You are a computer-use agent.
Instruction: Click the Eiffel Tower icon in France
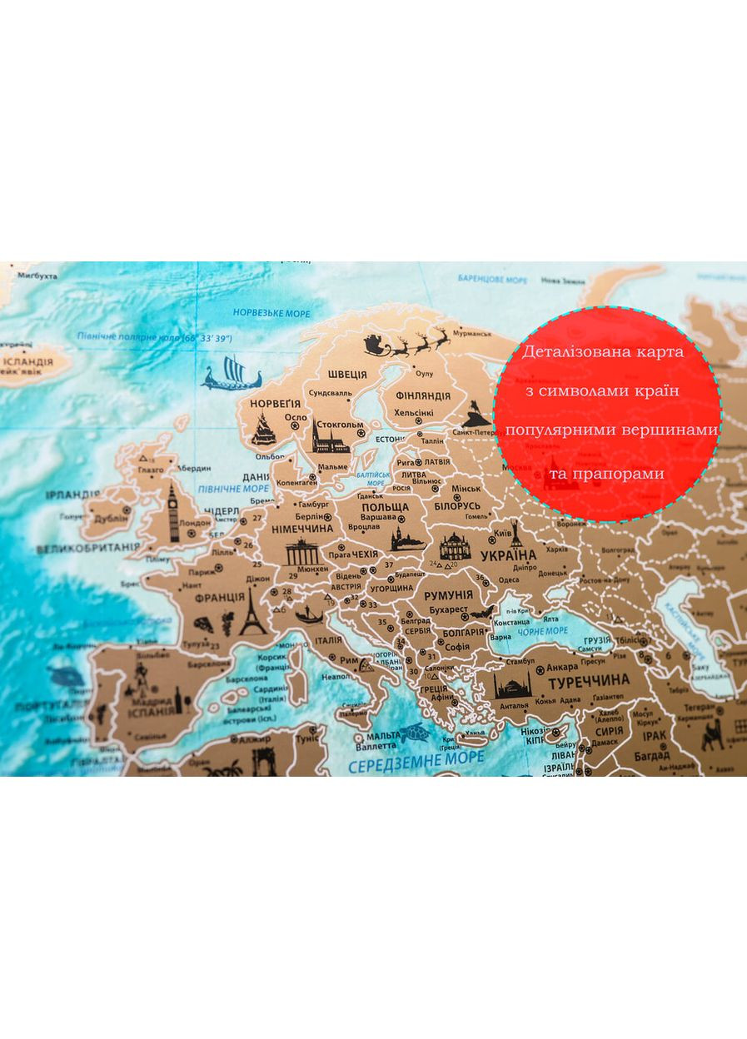click(x=252, y=613)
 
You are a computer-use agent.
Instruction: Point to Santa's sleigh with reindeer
click(x=407, y=343)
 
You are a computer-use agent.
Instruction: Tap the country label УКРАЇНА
click(x=509, y=555)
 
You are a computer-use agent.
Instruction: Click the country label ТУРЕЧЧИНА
click(x=587, y=684)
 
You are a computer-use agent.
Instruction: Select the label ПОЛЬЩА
click(x=385, y=506)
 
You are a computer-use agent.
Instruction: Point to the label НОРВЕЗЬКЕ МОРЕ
click(x=271, y=313)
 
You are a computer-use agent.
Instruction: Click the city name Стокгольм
click(x=340, y=425)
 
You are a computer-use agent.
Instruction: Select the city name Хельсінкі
click(x=414, y=413)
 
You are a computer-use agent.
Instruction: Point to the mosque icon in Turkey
click(x=512, y=686)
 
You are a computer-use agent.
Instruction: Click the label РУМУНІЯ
click(x=448, y=595)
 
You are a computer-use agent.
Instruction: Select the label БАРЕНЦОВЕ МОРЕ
click(x=492, y=279)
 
